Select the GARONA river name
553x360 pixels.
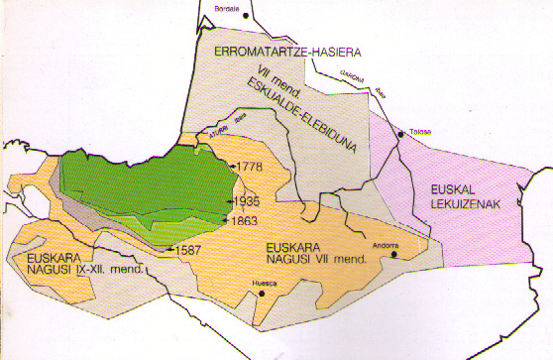pyautogui.click(x=350, y=78)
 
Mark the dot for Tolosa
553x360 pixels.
pyautogui.click(x=399, y=131)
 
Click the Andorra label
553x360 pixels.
pyautogui.click(x=385, y=245)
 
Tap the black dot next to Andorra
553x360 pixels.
pyautogui.click(x=393, y=254)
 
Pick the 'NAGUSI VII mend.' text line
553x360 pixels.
pyautogui.click(x=312, y=260)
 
